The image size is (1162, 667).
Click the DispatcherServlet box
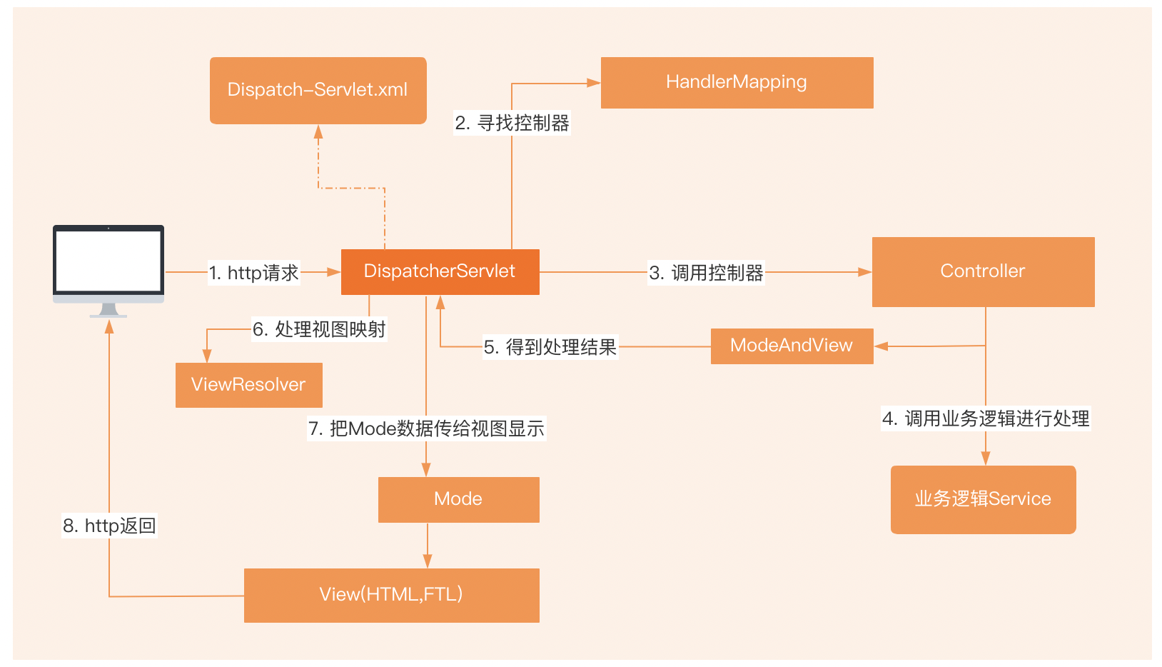click(440, 271)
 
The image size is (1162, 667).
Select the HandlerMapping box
click(737, 83)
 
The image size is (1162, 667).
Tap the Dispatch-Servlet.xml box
click(318, 90)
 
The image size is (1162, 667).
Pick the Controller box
click(983, 271)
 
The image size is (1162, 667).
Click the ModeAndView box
click(792, 346)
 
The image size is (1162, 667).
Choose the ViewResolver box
click(248, 385)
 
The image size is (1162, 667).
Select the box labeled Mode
click(458, 499)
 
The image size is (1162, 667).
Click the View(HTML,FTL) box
click(391, 595)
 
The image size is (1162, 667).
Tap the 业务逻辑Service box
click(983, 499)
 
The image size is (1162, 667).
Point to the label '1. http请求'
click(253, 273)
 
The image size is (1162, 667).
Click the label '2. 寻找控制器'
click(512, 124)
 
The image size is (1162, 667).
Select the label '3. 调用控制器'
click(706, 273)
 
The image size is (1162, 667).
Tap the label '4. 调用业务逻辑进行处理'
click(986, 418)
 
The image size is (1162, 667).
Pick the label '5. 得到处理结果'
click(550, 347)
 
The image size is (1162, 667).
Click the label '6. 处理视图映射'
click(319, 329)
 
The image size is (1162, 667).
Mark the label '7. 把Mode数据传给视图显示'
click(426, 428)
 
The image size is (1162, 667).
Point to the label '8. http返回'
click(109, 526)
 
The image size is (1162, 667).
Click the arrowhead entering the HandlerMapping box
click(594, 83)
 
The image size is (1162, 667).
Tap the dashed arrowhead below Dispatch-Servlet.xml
click(318, 132)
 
